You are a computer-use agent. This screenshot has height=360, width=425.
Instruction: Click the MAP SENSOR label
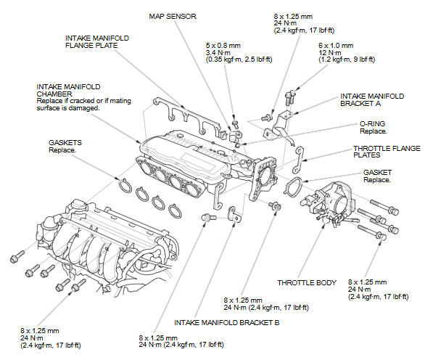[173, 16]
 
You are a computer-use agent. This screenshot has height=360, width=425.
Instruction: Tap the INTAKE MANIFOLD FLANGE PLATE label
[97, 42]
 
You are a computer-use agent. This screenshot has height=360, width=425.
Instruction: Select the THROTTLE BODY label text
[307, 282]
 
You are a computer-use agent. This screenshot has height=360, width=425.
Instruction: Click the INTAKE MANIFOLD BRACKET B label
[226, 322]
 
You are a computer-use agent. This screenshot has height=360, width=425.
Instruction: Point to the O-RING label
[372, 123]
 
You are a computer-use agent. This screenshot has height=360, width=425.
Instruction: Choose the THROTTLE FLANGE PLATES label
[387, 152]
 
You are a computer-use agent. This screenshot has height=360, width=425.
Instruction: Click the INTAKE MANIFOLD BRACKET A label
[372, 100]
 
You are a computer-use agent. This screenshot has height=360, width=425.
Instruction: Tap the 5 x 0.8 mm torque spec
[223, 46]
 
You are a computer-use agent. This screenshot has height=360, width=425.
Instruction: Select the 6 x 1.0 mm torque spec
[336, 46]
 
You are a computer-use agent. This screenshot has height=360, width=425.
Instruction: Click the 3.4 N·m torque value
[218, 53]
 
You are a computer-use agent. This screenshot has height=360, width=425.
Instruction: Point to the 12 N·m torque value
[329, 53]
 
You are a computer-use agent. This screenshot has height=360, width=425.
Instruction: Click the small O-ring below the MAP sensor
[237, 146]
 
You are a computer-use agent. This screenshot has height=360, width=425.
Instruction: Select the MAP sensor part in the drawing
[235, 136]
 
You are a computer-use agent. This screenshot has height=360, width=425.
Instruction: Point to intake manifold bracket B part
[234, 215]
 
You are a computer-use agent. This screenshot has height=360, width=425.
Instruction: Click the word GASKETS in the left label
[65, 143]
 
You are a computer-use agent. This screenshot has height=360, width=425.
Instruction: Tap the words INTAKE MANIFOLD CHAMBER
[68, 90]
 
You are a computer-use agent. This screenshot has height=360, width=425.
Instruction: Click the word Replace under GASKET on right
[376, 179]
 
